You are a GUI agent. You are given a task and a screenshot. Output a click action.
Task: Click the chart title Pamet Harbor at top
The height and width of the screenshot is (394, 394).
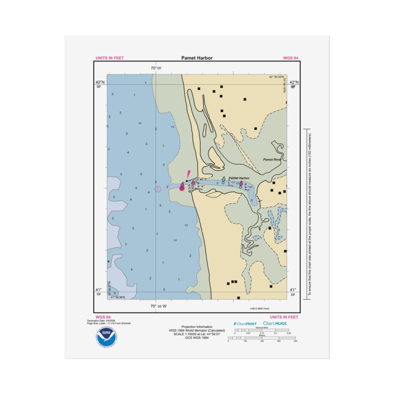(x=197, y=58)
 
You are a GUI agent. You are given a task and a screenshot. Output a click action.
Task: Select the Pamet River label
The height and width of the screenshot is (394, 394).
(x=272, y=160)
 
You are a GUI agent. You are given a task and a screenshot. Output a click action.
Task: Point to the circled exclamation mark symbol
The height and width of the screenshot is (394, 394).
(x=158, y=189)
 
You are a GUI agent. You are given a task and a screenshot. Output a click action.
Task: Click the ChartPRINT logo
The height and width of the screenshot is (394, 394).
(x=245, y=324)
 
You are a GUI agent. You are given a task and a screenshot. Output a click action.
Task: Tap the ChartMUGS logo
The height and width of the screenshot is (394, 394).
(x=275, y=323)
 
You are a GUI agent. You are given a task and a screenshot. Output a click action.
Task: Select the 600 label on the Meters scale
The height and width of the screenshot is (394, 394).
(x=295, y=341)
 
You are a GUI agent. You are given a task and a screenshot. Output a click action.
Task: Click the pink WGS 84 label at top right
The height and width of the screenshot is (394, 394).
(x=291, y=58)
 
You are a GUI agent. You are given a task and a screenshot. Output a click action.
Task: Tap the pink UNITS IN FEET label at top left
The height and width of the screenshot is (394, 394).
(x=110, y=58)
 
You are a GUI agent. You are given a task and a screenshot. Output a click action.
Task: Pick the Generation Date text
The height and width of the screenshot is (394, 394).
(x=101, y=320)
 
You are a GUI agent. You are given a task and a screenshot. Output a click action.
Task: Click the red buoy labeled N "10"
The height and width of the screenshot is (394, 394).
(x=241, y=184)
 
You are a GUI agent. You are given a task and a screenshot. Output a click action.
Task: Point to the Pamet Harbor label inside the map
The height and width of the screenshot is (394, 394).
(x=239, y=178)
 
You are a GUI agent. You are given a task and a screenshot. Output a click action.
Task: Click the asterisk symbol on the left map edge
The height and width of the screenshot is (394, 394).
(x=109, y=262)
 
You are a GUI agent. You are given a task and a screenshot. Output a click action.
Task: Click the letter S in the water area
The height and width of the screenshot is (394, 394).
(x=110, y=117)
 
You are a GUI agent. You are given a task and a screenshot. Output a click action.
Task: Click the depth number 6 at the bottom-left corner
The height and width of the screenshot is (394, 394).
(x=115, y=293)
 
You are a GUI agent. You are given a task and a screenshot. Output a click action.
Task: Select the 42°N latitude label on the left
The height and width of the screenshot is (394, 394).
(x=100, y=82)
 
